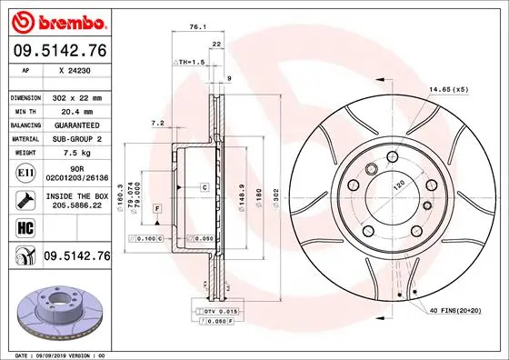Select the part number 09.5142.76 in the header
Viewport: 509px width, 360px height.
(x=59, y=52)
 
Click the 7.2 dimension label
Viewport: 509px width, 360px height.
(x=155, y=123)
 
